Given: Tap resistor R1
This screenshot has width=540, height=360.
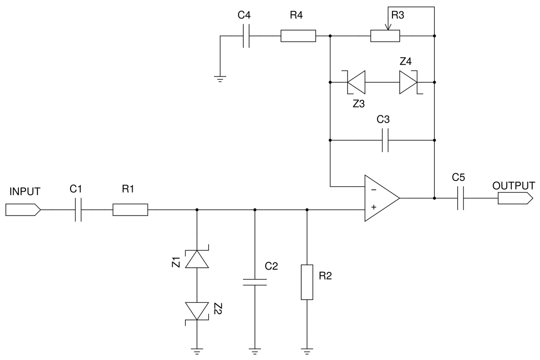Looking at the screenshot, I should point(130,210).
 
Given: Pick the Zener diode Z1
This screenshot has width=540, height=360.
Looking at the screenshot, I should point(197,259).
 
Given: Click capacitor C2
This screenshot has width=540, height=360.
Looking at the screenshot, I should point(254,282).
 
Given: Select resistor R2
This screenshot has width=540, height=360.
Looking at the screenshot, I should point(307,282).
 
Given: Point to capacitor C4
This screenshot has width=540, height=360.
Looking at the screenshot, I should point(246,36).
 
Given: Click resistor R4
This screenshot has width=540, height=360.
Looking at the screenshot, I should point(298,36).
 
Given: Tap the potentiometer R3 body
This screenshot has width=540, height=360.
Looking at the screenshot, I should point(385,36).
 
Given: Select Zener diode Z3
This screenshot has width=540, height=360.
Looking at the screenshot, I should point(356,82).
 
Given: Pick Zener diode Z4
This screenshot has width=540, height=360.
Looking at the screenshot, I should point(409,82).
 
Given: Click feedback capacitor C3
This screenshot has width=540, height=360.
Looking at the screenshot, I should point(385,140).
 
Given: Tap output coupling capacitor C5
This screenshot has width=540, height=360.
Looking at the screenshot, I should point(460,198).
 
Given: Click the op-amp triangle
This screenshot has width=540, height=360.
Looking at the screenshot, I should point(380,198).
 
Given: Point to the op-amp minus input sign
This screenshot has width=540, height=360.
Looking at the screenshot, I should point(373,189).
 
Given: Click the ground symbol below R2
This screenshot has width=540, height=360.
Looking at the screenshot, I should point(307,351).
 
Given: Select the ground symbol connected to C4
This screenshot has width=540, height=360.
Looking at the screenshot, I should point(220,78).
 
